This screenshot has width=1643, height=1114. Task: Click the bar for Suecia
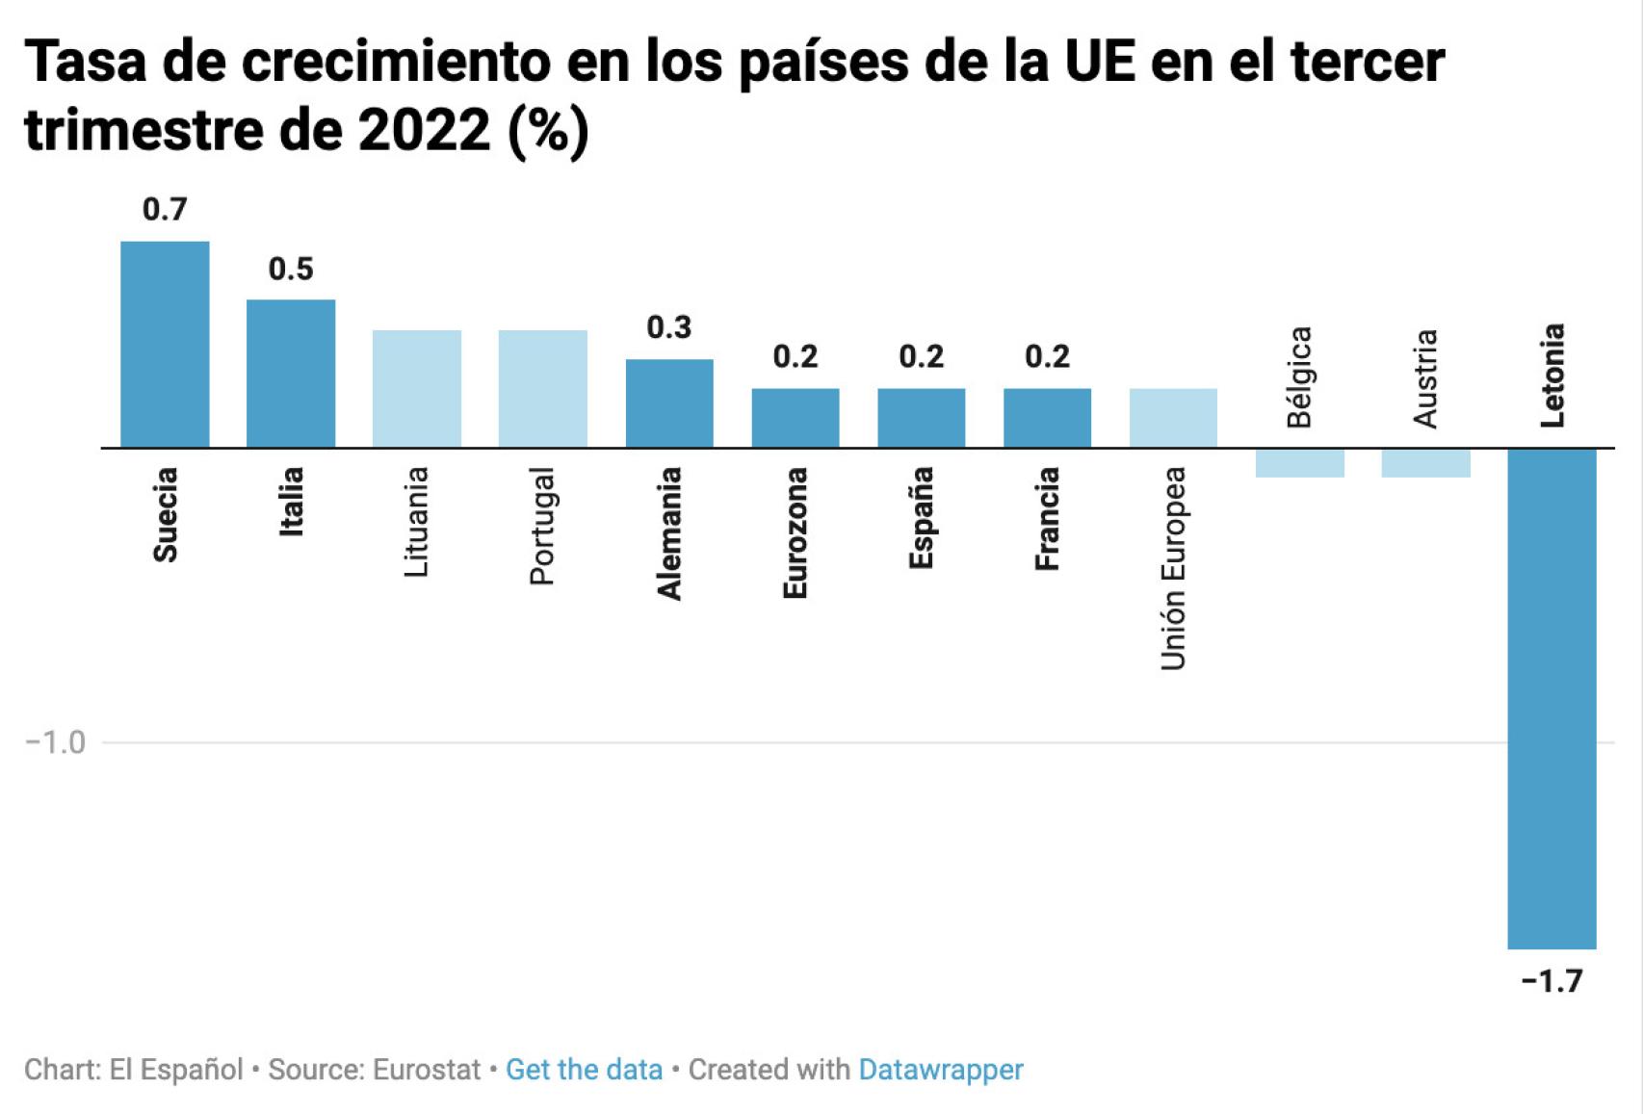165,344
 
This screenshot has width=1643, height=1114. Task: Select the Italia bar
291,374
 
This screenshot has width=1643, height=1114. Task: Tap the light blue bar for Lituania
417,388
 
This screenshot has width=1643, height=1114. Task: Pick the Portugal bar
543,388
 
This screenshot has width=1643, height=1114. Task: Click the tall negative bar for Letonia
1552,698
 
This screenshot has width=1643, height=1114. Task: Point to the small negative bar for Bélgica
1299,463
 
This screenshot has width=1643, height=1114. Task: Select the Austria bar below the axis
1425,463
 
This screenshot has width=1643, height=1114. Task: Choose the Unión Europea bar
1173,418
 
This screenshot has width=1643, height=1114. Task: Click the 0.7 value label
165,209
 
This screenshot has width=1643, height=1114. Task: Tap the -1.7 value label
1552,981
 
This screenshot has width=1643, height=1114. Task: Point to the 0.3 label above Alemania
669,327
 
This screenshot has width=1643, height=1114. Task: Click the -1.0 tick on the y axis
55,742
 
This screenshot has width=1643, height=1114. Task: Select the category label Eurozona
795,532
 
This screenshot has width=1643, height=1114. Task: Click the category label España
922,517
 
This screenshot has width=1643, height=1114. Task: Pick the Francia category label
1048,518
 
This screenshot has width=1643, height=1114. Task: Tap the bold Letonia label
1552,376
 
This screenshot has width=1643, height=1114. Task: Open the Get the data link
584,1070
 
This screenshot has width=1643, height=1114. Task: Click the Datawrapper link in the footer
941,1070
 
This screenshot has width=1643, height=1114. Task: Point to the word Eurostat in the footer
427,1070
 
